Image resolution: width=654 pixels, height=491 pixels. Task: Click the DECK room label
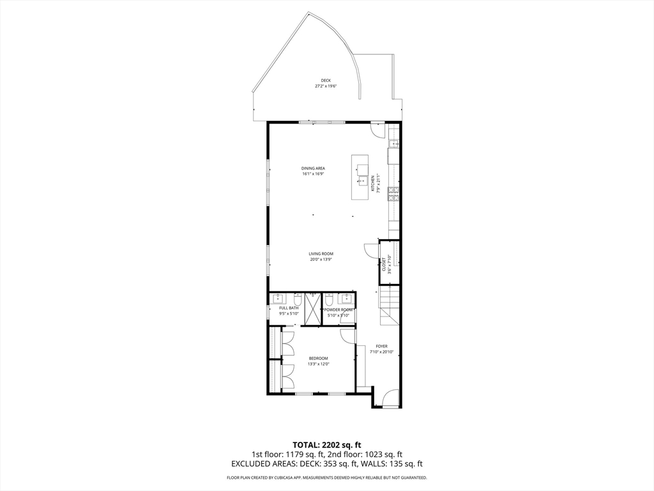(326, 81)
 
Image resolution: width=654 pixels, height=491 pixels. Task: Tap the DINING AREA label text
(314, 169)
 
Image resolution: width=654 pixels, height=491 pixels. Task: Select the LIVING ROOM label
(321, 254)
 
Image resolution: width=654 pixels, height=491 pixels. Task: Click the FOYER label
(381, 347)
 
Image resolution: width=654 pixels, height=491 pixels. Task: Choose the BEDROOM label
(318, 358)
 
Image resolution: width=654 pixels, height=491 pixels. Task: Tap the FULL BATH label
(289, 308)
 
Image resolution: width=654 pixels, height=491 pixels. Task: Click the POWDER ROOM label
(338, 309)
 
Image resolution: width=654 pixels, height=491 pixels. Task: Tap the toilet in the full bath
(298, 299)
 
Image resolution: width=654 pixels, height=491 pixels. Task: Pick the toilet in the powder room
(328, 299)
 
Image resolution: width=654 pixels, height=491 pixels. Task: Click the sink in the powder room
(347, 298)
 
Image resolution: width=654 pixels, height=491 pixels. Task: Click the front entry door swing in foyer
(389, 399)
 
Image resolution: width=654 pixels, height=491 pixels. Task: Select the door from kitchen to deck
(378, 130)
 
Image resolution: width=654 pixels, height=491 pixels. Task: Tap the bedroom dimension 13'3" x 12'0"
(318, 364)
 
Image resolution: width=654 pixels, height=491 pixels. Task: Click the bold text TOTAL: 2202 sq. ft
(327, 444)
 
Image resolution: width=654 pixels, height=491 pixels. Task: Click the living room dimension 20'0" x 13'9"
(321, 259)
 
